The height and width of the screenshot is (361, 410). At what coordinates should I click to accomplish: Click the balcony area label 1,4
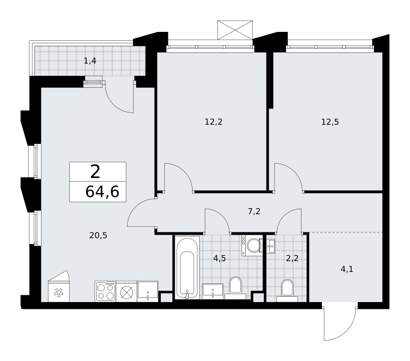tap(90, 61)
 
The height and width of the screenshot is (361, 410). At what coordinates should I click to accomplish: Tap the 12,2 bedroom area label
tap(213, 122)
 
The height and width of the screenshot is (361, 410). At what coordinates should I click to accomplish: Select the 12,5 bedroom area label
tap(330, 122)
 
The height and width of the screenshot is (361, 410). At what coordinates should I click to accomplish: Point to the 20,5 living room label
tap(98, 235)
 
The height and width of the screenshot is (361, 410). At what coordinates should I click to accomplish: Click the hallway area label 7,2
tap(254, 211)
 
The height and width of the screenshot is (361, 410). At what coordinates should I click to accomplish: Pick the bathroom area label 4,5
tap(219, 258)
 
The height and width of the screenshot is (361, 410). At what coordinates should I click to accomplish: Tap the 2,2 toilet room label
tap(292, 258)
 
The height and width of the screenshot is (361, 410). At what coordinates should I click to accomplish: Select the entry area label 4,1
tap(347, 269)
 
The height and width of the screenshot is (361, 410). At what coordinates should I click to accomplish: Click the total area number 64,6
tap(102, 191)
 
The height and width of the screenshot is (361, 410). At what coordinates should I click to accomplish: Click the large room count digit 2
tap(95, 172)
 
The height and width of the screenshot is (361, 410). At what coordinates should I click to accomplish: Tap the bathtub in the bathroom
tap(187, 267)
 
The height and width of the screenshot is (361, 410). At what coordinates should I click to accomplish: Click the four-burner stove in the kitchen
tap(105, 291)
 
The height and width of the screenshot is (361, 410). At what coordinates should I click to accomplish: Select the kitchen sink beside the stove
tap(148, 291)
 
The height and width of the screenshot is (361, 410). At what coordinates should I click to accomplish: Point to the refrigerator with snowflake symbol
tap(59, 287)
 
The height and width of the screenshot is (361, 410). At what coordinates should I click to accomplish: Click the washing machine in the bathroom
tap(252, 245)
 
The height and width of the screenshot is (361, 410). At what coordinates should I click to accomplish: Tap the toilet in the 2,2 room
tap(287, 291)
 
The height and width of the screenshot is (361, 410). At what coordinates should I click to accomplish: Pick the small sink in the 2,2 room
tap(271, 246)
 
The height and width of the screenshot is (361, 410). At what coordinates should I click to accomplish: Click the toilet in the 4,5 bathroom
tap(235, 288)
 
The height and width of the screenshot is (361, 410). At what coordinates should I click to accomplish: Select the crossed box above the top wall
tap(235, 30)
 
